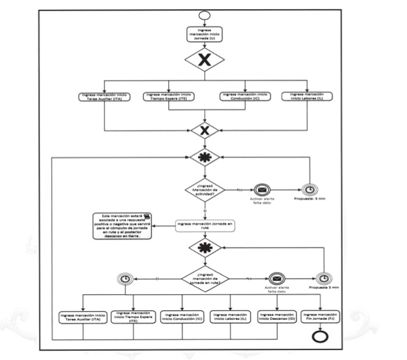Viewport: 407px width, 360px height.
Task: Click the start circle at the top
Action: tap(203, 15)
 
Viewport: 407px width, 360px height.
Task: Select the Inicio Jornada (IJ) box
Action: tap(203, 34)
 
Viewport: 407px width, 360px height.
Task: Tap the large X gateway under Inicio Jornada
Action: tap(203, 60)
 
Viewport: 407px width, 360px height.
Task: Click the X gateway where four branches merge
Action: tap(203, 130)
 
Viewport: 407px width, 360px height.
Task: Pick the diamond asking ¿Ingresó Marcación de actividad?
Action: tap(203, 190)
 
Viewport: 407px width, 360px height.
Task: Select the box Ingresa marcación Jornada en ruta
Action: tap(204, 226)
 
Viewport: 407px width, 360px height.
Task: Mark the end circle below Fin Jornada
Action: tap(320, 338)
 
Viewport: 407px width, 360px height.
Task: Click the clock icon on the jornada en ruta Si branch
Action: tap(124, 279)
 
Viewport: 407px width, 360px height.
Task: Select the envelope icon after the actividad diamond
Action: tap(262, 190)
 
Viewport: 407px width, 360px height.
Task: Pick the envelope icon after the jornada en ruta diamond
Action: tap(277, 279)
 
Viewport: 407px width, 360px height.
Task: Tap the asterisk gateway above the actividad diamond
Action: tap(203, 158)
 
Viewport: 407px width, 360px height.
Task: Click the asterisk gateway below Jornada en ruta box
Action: tap(203, 247)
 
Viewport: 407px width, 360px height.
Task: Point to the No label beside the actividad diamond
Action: tap(239, 189)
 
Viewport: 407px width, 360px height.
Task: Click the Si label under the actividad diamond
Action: tap(204, 211)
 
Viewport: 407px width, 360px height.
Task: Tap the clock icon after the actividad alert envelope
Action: tap(310, 190)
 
